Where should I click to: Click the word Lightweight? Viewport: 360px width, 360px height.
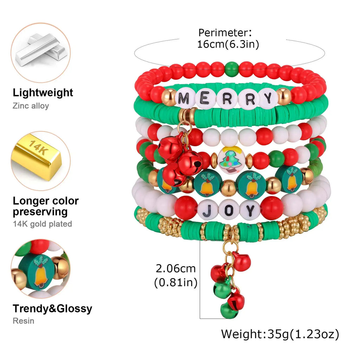(43, 93)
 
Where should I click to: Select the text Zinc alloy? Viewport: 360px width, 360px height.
(31, 105)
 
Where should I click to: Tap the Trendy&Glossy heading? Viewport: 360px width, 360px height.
(52, 309)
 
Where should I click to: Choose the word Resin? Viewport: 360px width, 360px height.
(24, 321)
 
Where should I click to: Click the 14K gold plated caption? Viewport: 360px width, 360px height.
(42, 224)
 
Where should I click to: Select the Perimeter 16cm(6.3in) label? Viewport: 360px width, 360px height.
(229, 39)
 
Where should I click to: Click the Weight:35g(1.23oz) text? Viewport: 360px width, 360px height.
(280, 334)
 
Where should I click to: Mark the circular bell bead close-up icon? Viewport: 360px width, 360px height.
(41, 269)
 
